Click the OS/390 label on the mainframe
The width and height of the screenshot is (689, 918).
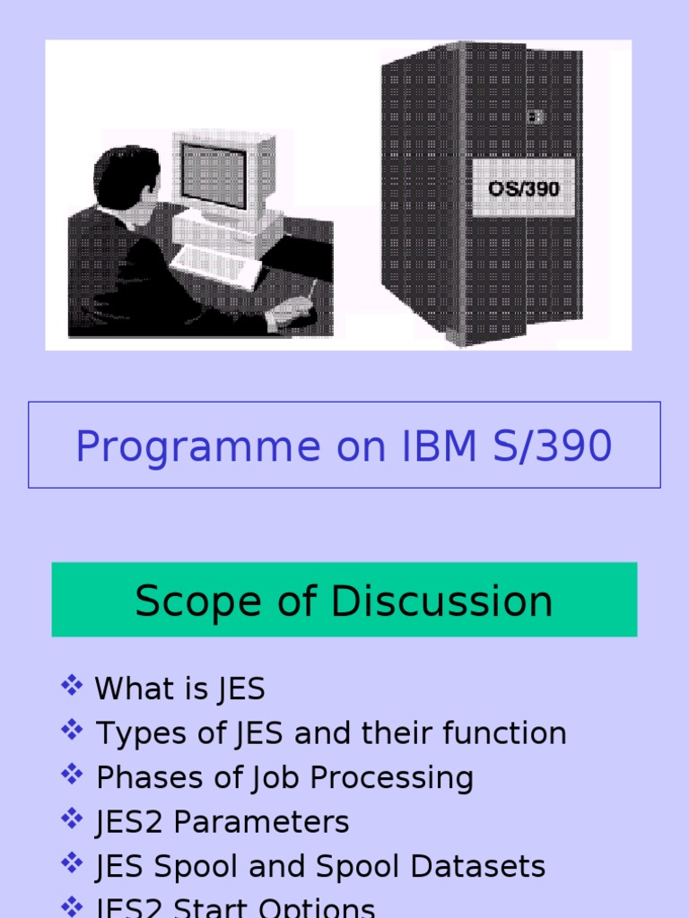[x=524, y=189]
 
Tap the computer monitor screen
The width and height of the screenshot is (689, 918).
[x=214, y=174]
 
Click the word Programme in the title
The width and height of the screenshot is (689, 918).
[x=197, y=446]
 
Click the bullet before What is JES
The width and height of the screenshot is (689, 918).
[x=72, y=688]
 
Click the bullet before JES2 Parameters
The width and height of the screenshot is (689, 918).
[x=72, y=820]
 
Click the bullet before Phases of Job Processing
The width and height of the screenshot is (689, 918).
[x=72, y=775]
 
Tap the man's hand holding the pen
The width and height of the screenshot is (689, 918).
[x=292, y=311]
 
